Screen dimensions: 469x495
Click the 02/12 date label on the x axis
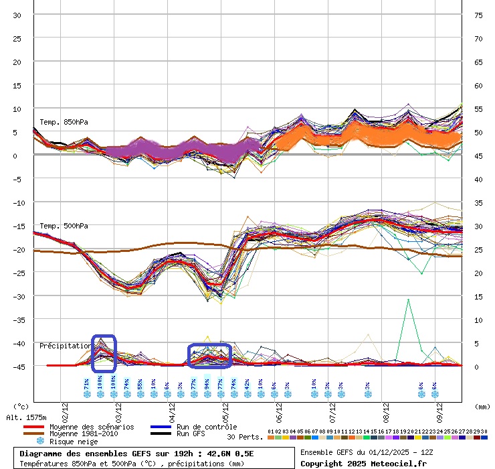pos(65,408)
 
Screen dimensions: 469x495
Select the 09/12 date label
pos(439,408)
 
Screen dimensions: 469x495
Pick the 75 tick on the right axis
pos(479,15)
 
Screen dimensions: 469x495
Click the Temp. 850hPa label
pos(64,122)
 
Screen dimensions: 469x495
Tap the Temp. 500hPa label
pos(64,226)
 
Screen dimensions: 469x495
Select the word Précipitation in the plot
pos(65,346)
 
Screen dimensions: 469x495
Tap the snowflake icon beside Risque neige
pos(40,442)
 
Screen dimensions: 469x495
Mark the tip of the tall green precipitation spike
pos(407,299)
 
